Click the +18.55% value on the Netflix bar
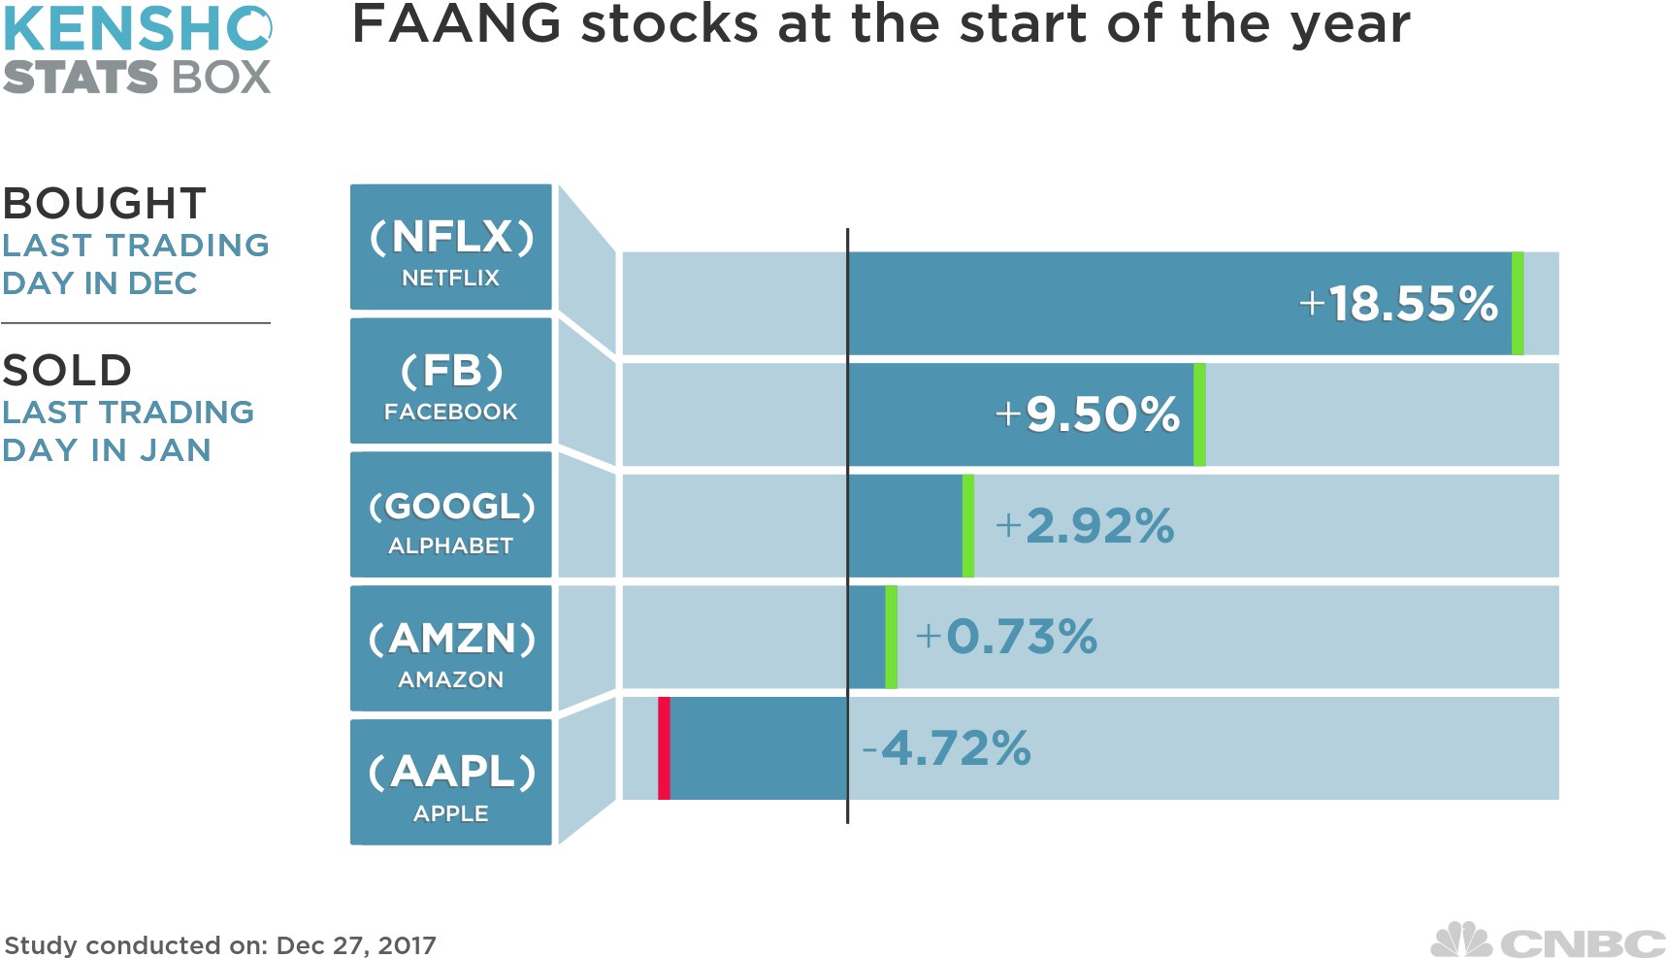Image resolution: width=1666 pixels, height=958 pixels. click(1398, 304)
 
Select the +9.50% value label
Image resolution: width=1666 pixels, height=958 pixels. click(1088, 414)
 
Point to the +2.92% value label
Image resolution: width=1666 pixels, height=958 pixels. click(1085, 526)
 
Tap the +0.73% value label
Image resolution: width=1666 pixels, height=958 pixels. click(1006, 637)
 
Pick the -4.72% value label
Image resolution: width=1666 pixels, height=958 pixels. click(946, 748)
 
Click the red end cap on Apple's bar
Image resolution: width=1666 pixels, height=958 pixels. click(664, 748)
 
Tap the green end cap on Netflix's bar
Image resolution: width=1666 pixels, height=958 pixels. click(1518, 304)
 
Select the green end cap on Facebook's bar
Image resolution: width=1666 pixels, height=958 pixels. click(1199, 414)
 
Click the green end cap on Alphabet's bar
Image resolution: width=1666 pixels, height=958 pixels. click(967, 526)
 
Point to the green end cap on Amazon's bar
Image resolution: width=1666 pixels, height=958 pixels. click(891, 637)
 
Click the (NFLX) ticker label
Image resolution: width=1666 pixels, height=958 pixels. click(451, 237)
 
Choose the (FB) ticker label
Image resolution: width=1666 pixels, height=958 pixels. click(451, 371)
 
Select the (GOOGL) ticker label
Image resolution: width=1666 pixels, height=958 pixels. click(451, 506)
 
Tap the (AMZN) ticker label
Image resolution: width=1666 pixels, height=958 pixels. click(451, 639)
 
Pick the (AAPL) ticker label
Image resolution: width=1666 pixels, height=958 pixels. click(451, 772)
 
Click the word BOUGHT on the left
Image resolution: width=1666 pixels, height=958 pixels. click(105, 204)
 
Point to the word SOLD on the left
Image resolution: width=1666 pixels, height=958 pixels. click(67, 371)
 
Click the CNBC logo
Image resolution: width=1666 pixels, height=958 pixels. click(1547, 940)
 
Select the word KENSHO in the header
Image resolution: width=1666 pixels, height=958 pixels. click(137, 29)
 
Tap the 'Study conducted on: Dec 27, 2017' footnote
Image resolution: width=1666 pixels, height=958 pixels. click(220, 944)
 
